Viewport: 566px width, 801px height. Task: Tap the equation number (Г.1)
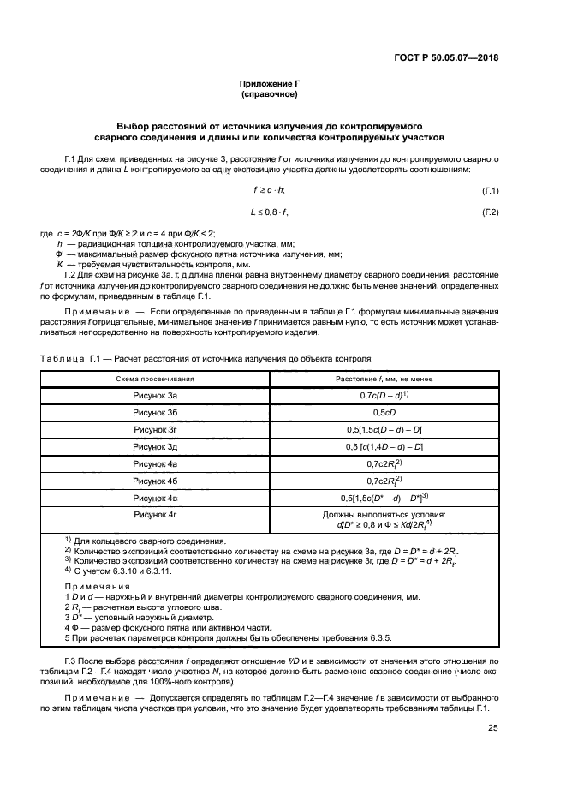tap(491, 189)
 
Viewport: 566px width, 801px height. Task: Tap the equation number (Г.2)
tap(491, 212)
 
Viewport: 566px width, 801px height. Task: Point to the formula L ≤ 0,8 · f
tap(269, 212)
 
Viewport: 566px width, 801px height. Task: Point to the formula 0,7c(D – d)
tap(383, 395)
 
